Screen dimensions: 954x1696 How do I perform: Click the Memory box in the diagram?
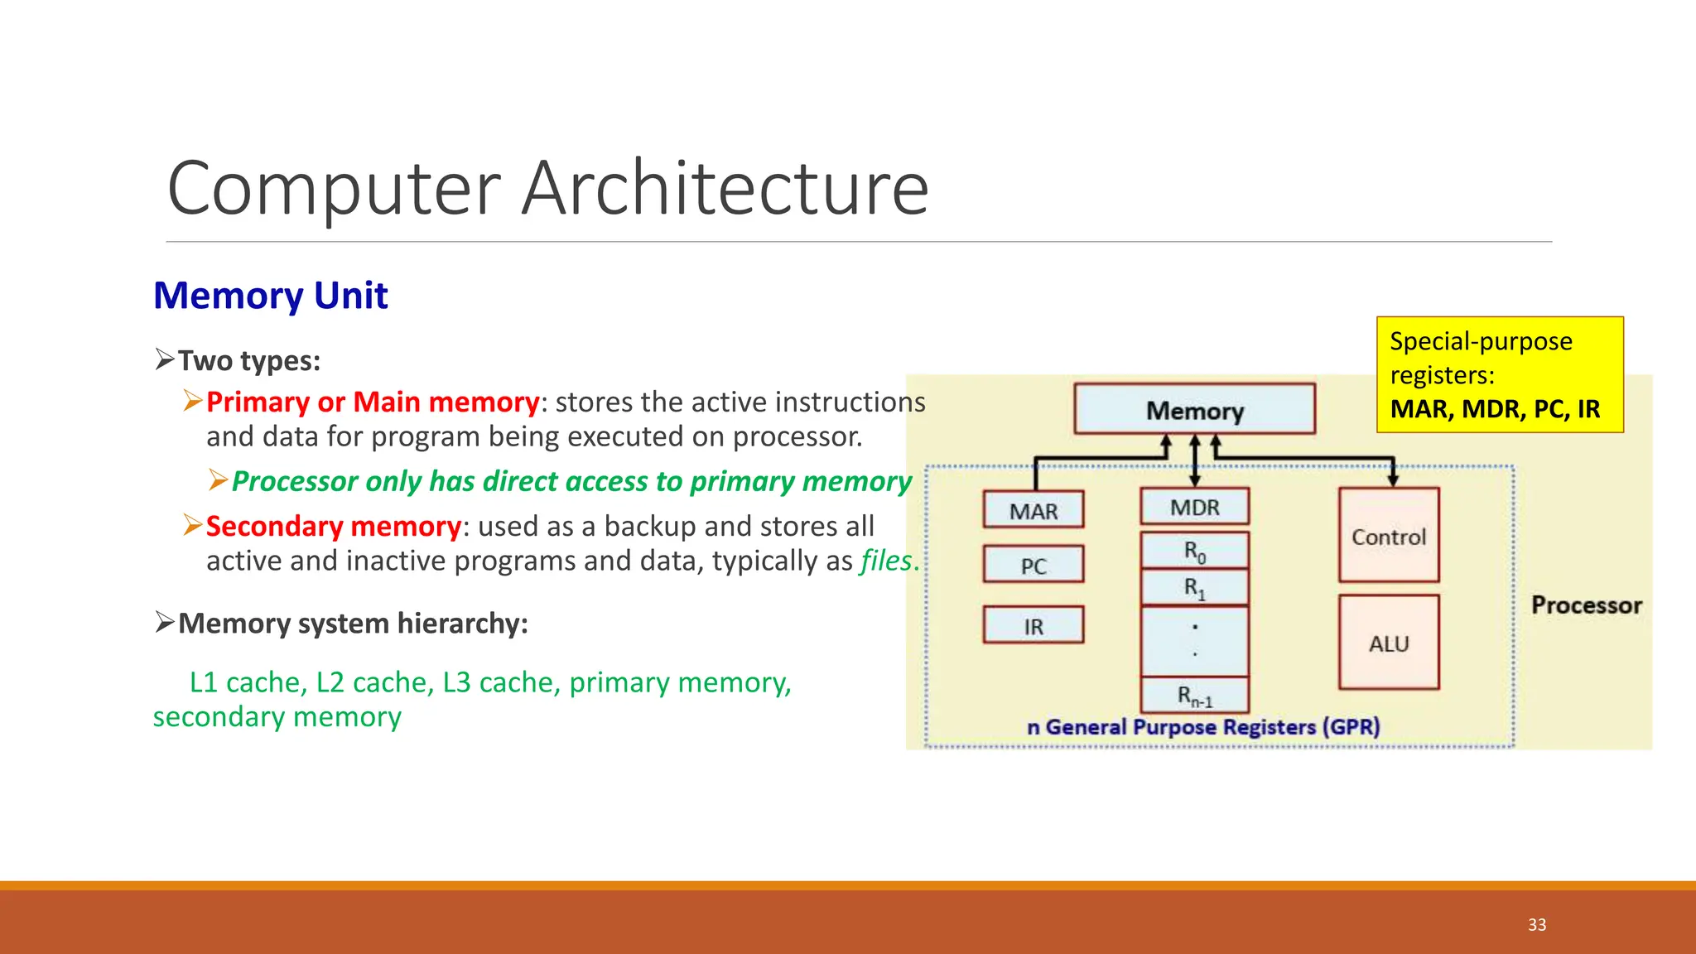1194,409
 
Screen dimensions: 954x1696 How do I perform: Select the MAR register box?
1033,510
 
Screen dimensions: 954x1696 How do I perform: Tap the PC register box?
1033,565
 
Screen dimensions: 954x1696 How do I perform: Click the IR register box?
1033,625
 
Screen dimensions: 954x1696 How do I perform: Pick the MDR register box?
1194,507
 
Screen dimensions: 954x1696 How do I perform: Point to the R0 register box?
1194,551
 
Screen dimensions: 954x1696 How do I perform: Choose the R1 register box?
1194,588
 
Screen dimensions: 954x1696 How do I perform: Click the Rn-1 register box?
1194,696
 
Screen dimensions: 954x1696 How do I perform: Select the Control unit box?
1389,536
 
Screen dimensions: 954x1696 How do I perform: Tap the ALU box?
1389,643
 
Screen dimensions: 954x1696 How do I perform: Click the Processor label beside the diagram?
1586,605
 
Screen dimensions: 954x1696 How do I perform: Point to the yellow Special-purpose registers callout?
1499,374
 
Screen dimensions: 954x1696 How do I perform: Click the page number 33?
1537,925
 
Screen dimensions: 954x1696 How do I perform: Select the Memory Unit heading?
271,296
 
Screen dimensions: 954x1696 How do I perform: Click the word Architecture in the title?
725,189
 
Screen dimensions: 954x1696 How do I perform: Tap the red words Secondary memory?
333,526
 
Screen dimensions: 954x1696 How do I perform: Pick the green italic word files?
886,561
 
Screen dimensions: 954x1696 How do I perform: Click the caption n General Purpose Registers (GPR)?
1203,727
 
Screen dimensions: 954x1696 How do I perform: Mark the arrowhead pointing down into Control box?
1393,479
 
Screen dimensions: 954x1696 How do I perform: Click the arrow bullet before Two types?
164,359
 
